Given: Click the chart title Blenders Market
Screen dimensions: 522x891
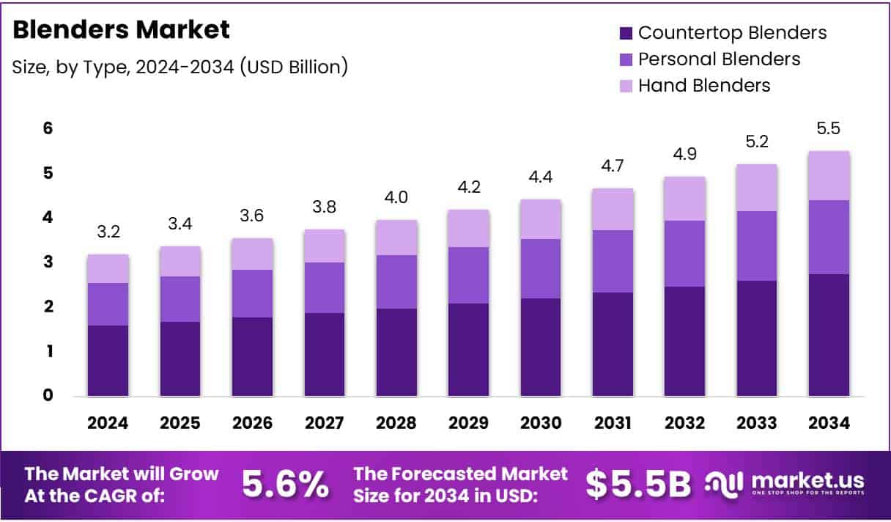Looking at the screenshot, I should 122,30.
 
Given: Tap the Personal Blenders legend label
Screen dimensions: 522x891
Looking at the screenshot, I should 719,59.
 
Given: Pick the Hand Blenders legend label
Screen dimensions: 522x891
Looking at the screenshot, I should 703,85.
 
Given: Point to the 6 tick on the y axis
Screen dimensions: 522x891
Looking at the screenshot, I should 48,128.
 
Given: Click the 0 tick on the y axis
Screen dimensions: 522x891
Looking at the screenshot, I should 48,395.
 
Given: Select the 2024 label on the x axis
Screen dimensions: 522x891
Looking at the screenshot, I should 108,423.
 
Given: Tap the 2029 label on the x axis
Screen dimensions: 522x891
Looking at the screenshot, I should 469,423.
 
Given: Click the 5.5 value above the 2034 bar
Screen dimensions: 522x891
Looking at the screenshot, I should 829,129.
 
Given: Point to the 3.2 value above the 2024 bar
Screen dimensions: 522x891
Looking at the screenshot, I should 108,232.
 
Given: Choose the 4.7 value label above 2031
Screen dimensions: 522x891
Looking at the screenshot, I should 613,166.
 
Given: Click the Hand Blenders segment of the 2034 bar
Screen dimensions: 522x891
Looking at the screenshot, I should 829,175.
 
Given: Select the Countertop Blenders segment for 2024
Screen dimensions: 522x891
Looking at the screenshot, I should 108,361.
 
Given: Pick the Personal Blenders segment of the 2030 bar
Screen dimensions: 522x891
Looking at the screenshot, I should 541,268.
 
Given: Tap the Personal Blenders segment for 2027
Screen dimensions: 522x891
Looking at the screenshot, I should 325,287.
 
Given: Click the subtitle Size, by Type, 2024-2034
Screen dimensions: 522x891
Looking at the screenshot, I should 180,67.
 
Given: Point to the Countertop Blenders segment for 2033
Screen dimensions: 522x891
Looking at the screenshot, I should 757,338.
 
